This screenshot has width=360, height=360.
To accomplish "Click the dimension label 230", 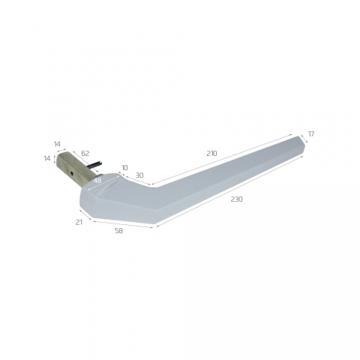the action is [236, 199].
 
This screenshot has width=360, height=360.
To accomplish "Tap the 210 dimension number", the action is [211, 153].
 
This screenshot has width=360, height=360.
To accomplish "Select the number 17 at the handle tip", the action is [311, 134].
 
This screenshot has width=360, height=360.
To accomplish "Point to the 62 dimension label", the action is [85, 153].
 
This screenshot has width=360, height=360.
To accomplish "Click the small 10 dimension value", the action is [124, 167].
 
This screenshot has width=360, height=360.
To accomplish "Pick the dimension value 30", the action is [139, 175].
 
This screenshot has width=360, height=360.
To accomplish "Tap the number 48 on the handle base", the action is [97, 181].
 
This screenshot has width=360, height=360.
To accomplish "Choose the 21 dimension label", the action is [79, 222].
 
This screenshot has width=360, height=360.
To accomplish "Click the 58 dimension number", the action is [118, 231].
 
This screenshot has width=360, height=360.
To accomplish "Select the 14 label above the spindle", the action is [57, 144].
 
